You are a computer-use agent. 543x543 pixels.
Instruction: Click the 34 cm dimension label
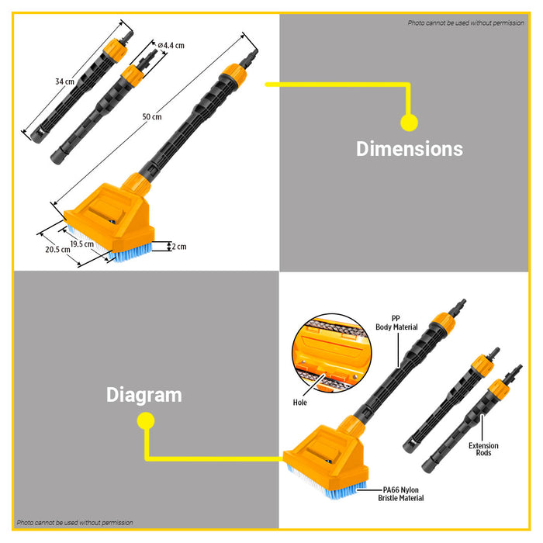point(64,81)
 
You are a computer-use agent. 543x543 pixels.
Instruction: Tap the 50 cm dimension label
point(151,117)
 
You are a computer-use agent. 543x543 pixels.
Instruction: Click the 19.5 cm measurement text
point(82,244)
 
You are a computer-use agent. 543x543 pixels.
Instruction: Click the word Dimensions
point(409,149)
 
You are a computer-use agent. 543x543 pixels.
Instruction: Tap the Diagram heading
point(144,395)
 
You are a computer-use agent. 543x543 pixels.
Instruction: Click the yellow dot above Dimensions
point(409,123)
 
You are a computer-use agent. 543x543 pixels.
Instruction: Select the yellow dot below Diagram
point(144,421)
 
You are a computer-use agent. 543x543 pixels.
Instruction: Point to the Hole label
point(300,403)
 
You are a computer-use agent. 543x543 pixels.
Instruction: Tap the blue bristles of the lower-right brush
point(327,488)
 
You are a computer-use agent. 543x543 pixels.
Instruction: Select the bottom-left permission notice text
point(75,523)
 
